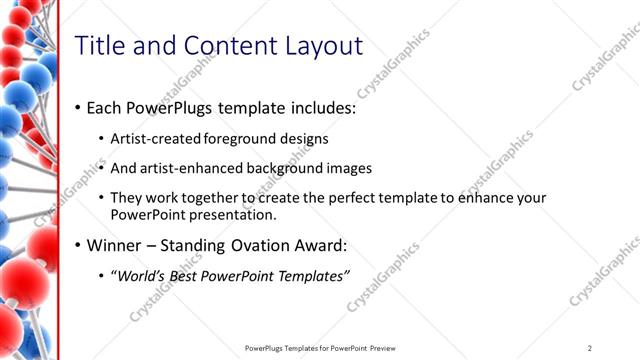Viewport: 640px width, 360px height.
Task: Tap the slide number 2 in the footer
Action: tap(591, 347)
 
